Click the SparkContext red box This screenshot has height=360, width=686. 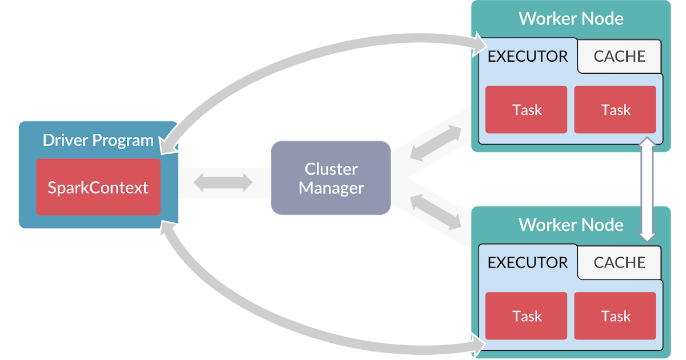pos(98,187)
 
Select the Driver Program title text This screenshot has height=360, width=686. pos(98,140)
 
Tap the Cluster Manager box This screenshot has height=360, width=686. pos(331,178)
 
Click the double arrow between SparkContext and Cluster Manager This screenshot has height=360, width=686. pos(223,182)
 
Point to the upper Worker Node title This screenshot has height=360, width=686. pos(571,18)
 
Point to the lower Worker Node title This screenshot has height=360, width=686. pos(571,225)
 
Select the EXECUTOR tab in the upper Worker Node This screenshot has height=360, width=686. pos(527,57)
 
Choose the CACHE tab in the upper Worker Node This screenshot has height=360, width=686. pos(619,57)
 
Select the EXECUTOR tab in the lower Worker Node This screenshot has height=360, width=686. pos(527,263)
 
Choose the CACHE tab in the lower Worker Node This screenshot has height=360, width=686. pos(619,263)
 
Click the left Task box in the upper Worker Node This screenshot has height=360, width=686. pos(527,110)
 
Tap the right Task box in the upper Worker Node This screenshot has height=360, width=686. pos(615,110)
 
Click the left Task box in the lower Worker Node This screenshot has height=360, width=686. pos(527,316)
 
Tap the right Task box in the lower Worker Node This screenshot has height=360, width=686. pos(615,316)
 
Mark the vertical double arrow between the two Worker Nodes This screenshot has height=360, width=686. pos(647,189)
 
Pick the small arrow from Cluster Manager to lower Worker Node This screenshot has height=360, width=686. pos(436,213)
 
